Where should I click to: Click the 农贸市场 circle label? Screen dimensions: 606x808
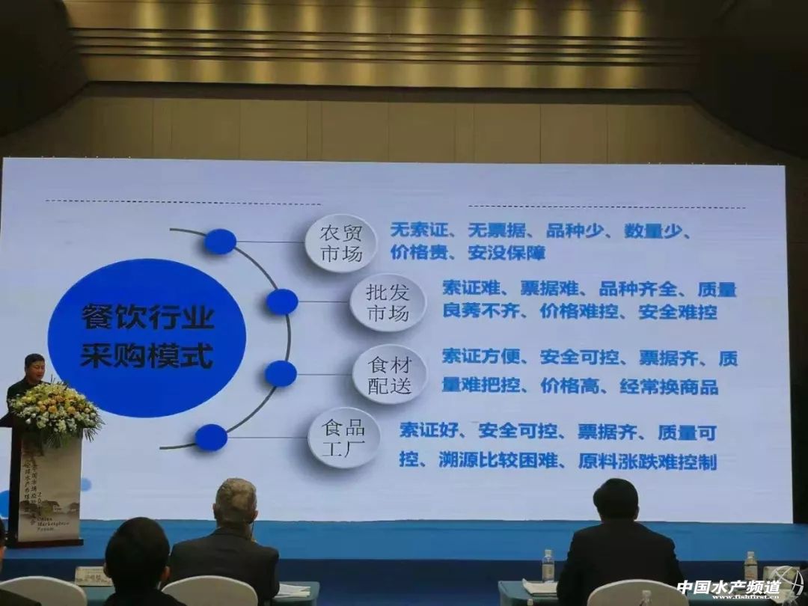pyautogui.click(x=341, y=242)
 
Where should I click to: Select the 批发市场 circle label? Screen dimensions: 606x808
pyautogui.click(x=388, y=302)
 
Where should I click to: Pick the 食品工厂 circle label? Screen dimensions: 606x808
pyautogui.click(x=343, y=438)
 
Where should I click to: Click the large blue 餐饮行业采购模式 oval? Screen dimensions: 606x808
pyautogui.click(x=147, y=337)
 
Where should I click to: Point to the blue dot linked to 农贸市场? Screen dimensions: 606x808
pyautogui.click(x=220, y=241)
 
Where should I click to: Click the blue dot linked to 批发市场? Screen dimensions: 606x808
pyautogui.click(x=282, y=302)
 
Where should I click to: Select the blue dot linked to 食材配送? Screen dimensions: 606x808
pyautogui.click(x=281, y=373)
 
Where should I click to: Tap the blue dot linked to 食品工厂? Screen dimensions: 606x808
pyautogui.click(x=211, y=438)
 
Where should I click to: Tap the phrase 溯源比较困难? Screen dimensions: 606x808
pyautogui.click(x=498, y=461)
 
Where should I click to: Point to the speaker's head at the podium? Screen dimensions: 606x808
pyautogui.click(x=34, y=366)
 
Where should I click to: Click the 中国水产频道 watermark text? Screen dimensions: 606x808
pyautogui.click(x=728, y=587)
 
